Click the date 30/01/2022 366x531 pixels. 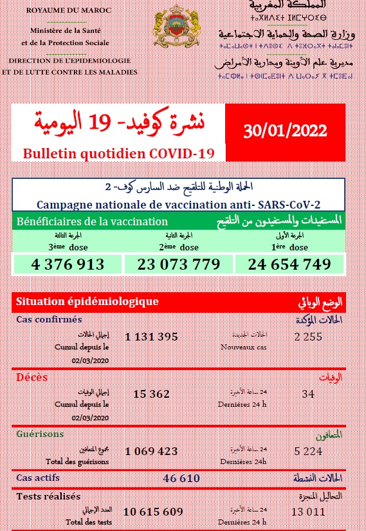tap(286, 131)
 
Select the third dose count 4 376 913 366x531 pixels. tap(67, 264)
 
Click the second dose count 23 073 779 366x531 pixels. tap(179, 264)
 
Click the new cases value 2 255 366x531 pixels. tap(308, 336)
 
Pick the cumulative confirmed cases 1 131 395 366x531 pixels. tap(151, 337)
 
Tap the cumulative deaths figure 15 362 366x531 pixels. tap(151, 395)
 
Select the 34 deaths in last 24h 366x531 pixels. tap(308, 394)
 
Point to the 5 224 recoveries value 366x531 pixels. tap(308, 451)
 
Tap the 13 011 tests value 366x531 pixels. tap(308, 512)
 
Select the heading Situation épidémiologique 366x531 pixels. tap(87, 301)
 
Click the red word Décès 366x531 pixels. tap(32, 377)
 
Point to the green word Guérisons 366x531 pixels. tap(40, 434)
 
